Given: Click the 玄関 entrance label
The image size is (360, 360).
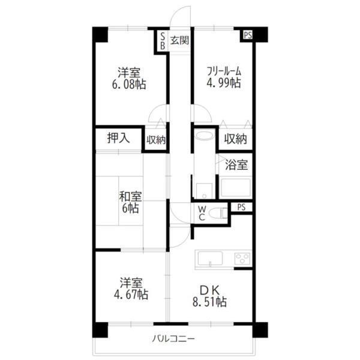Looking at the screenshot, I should coord(179,41).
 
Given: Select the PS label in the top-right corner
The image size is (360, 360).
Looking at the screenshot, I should coord(247,35).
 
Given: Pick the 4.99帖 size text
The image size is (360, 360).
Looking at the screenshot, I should coord(224,84).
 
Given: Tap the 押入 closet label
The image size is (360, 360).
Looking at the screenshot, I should coord(118,137).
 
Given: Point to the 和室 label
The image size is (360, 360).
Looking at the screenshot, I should coord(129,196).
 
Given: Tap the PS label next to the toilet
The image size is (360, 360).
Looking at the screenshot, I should coord(241,207).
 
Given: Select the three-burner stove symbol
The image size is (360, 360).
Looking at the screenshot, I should coord(242,259).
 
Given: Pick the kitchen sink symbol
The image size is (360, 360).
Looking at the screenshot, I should coord(208,259).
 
